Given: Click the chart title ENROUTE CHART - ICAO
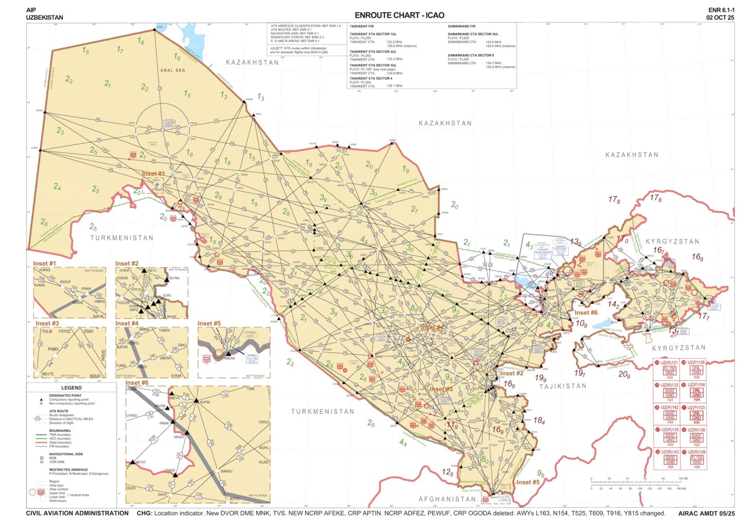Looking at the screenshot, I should pos(399,15).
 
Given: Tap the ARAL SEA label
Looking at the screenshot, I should pos(173,71).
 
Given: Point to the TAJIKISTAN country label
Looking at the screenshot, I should pos(563,386).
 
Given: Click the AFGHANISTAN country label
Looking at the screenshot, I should pos(447,499).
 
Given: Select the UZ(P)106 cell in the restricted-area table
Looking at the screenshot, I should pos(696,363).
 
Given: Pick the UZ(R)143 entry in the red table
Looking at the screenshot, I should pos(670,452).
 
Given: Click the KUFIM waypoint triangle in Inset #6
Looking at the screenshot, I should pos(196,401).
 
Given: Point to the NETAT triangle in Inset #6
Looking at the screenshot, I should pos(132,461).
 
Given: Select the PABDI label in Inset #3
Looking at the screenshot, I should pos(53,349).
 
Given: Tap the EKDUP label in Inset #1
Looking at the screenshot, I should pos(65,282).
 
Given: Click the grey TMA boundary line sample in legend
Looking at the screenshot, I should pos(40,435).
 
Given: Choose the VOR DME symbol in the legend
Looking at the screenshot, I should pos(42,462).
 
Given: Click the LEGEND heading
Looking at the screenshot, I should pos(71,387).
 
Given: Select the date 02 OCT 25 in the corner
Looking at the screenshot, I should pos(720,18).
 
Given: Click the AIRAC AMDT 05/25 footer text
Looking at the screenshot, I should pos(706,513).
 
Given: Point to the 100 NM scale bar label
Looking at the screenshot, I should pos(683,478).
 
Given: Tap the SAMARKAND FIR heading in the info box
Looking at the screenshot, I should pos(462,26).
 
